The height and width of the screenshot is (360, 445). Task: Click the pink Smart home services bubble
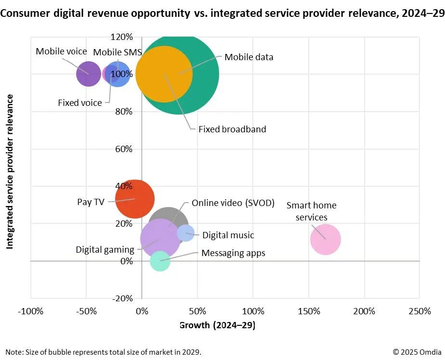(x=326, y=239)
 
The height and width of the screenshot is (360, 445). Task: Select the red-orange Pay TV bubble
(x=135, y=199)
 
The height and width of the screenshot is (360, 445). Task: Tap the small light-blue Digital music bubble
(x=185, y=233)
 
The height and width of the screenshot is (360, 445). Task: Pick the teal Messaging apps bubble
(x=160, y=261)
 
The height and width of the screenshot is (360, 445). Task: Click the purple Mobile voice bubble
(x=89, y=74)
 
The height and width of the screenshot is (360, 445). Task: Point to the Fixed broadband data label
(x=233, y=129)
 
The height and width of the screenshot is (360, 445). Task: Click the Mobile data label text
(x=249, y=57)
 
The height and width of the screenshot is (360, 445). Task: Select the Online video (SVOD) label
(x=233, y=203)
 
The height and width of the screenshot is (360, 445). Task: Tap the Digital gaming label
(x=105, y=249)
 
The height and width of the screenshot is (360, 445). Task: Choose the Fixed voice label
(x=80, y=103)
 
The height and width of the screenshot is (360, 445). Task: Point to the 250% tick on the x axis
(x=419, y=311)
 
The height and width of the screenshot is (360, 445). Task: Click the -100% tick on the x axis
(x=31, y=311)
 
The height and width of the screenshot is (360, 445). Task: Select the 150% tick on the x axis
(x=309, y=311)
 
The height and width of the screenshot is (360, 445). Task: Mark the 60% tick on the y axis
(x=124, y=149)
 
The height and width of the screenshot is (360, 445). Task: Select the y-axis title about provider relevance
(x=9, y=171)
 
